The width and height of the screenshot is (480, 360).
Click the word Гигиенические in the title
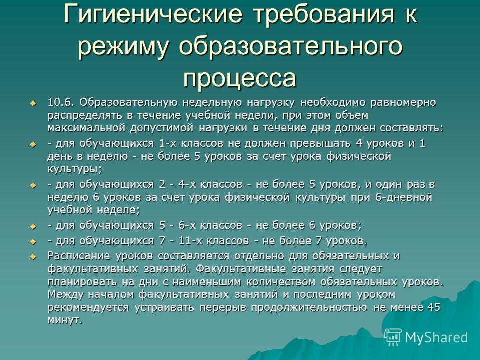[153, 14]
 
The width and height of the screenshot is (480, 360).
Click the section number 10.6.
[61, 102]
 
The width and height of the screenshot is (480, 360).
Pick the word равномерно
[403, 103]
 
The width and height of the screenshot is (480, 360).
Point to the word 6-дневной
[404, 197]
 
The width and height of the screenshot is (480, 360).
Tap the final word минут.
[65, 320]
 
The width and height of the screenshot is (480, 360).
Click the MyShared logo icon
[393, 337]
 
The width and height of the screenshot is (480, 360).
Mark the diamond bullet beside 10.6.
[33, 103]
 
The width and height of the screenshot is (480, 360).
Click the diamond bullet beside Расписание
[33, 257]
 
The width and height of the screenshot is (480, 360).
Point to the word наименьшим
[207, 281]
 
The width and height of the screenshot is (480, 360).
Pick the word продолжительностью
[309, 307]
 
